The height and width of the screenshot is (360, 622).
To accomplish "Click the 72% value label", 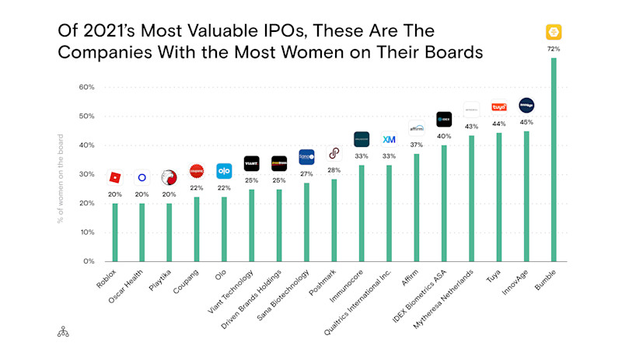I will pos(554,48).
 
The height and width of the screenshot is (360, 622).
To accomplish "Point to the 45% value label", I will pos(526,121).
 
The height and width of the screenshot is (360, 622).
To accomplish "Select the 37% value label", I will pos(416,145).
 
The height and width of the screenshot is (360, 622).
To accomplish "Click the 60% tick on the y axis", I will pos(86,87).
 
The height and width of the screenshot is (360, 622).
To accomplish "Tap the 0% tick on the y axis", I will pos(88,261).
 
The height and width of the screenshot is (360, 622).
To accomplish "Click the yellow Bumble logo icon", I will pos(554,32).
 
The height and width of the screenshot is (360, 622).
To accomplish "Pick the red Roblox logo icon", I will pos(115,178).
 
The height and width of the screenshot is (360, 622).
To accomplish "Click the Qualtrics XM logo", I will pos(389,139).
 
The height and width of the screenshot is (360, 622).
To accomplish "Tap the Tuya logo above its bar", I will pos(498,107).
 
